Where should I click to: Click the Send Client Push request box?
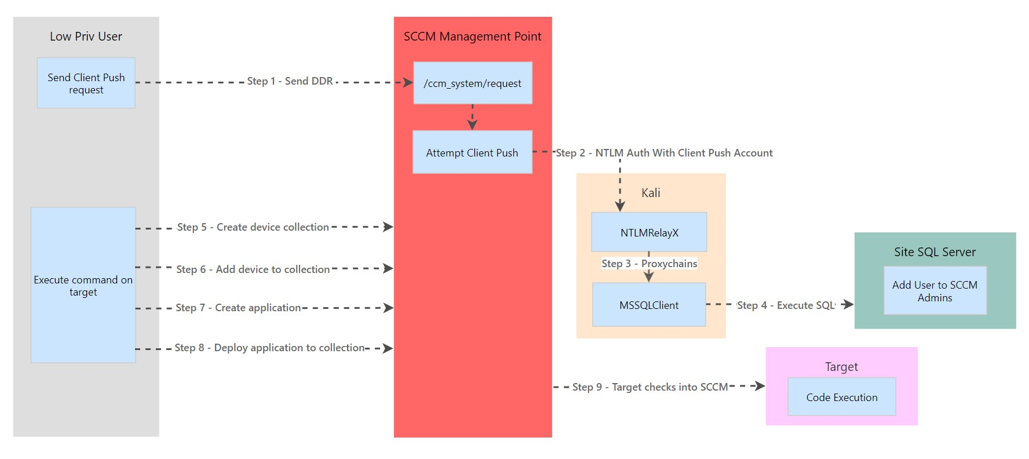point(86,83)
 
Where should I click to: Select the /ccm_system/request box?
point(472,83)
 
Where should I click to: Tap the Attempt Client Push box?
point(472,152)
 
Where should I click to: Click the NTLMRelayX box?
point(649,232)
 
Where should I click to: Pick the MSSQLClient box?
point(648,305)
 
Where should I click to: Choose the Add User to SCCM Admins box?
point(935,291)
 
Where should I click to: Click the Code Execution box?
point(841,397)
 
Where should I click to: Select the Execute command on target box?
point(83,285)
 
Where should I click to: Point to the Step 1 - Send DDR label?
point(290,81)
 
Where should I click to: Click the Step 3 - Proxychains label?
point(649,264)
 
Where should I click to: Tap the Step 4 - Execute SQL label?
point(785,305)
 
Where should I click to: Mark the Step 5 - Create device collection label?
point(253,227)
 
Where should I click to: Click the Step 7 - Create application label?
point(238,308)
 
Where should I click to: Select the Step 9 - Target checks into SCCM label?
point(649,387)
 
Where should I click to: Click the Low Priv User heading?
point(86,37)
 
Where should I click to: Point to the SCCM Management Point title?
point(472,37)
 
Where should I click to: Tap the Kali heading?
point(650,193)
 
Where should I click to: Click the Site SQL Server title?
point(935,252)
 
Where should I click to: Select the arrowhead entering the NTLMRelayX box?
point(620,206)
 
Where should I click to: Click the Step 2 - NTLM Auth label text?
point(664,153)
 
